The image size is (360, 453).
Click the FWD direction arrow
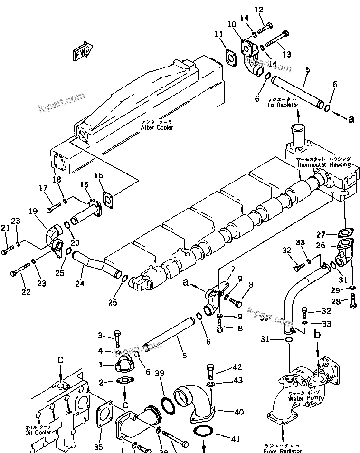click(82, 52)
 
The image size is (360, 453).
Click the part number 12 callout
click(258, 10)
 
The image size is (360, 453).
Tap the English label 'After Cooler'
click(157, 127)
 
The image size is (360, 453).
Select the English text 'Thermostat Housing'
click(323, 164)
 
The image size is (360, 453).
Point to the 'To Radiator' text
click(283, 104)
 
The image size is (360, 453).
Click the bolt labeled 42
click(210, 370)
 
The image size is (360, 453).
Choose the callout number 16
click(99, 176)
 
